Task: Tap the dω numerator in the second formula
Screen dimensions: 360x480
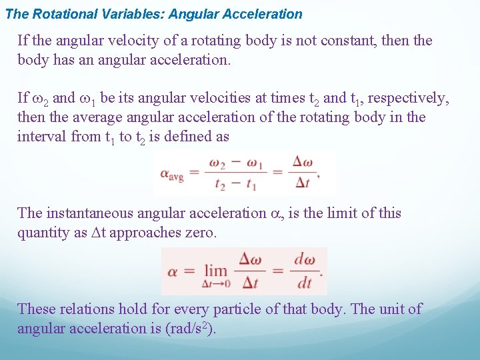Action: [x=304, y=260]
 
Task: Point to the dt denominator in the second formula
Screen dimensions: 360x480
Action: [x=304, y=283]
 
